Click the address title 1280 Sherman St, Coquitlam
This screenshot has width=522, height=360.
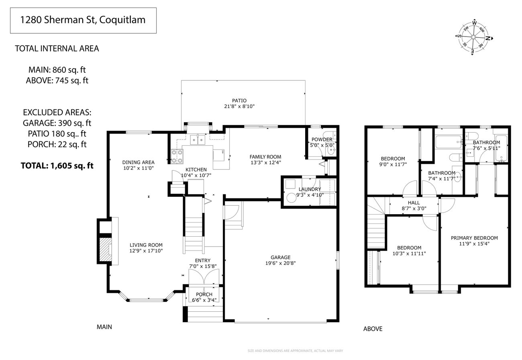(83, 20)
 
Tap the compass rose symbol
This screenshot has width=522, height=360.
(474, 37)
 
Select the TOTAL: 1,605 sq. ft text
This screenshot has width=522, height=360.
(57, 165)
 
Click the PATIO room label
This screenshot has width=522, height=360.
(239, 100)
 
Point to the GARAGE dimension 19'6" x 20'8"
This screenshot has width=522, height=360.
(280, 263)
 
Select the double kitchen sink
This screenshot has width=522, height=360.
(198, 139)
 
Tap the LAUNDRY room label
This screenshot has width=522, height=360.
(310, 189)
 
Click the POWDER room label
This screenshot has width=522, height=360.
(322, 139)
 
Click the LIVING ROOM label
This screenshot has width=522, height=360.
(146, 245)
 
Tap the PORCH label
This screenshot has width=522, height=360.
(204, 295)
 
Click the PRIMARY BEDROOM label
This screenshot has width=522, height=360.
(474, 238)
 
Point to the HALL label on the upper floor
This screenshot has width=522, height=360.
(414, 203)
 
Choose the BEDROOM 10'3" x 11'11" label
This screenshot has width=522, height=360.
(409, 248)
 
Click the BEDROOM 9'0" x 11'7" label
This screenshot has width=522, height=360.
(393, 159)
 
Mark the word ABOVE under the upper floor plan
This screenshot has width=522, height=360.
(373, 329)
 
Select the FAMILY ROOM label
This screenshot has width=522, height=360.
(265, 157)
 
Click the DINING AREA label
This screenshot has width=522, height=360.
(138, 162)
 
